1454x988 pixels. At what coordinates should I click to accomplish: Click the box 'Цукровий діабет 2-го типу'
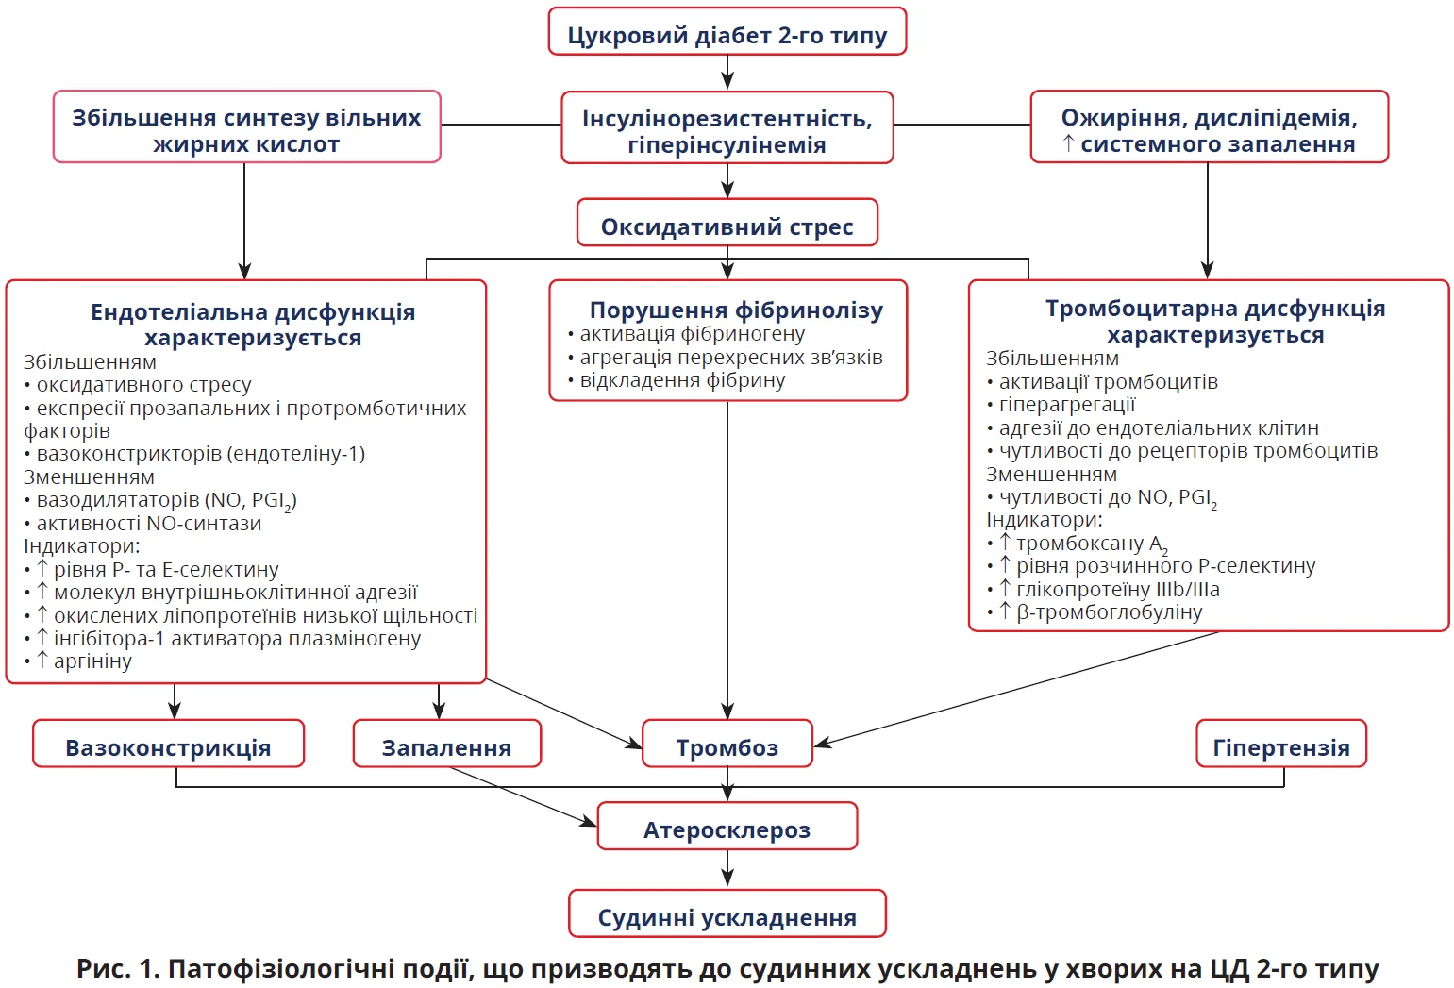click(x=727, y=35)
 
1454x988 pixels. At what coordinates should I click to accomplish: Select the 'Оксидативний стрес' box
click(x=727, y=226)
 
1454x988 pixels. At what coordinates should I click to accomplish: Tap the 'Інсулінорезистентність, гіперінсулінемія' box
click(x=727, y=131)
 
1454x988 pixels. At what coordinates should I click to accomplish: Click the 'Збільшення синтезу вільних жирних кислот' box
click(x=246, y=130)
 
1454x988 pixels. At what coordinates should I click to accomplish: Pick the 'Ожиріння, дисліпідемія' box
click(x=1209, y=130)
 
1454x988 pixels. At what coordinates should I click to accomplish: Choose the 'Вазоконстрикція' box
click(x=168, y=747)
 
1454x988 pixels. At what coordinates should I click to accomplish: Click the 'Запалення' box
click(x=446, y=747)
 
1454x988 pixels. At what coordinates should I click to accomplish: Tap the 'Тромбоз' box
click(x=727, y=747)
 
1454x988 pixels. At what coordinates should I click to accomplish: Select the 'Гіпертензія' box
click(x=1280, y=747)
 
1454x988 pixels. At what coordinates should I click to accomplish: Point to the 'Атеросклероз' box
click(x=727, y=829)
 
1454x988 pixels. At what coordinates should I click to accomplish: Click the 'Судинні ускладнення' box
click(x=727, y=917)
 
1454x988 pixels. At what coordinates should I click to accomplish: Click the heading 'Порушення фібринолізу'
click(x=736, y=310)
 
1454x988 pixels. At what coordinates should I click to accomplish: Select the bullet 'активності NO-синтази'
click(x=148, y=524)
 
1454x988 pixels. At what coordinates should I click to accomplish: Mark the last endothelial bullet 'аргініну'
click(x=92, y=661)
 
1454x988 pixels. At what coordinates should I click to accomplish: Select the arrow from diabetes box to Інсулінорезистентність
click(x=727, y=72)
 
